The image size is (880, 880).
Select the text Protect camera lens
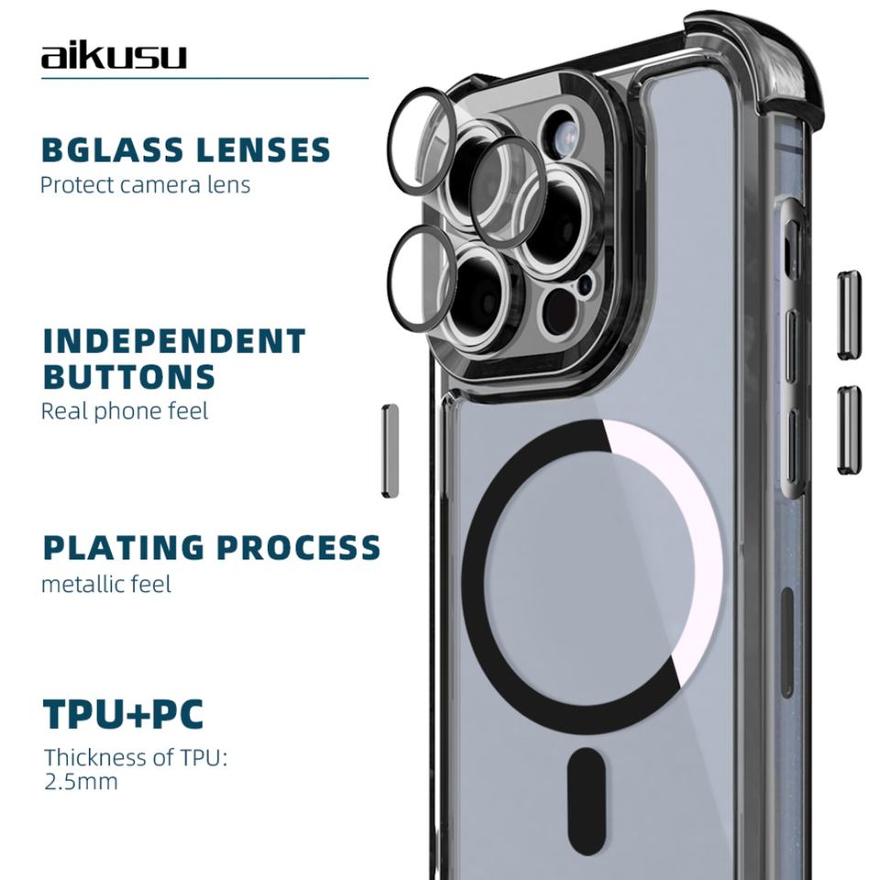coord(145,184)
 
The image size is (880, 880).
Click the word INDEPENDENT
coord(174,341)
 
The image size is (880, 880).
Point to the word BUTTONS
coord(129,377)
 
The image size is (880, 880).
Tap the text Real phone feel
coord(125,411)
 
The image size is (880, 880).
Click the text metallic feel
coord(106,583)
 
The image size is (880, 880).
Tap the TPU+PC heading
coord(124,715)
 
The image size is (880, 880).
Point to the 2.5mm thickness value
coord(82,783)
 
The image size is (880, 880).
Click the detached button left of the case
coord(390,450)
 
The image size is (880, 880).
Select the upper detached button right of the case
coord(849,314)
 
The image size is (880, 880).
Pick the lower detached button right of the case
coord(849,429)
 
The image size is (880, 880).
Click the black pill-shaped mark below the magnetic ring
coord(587,789)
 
